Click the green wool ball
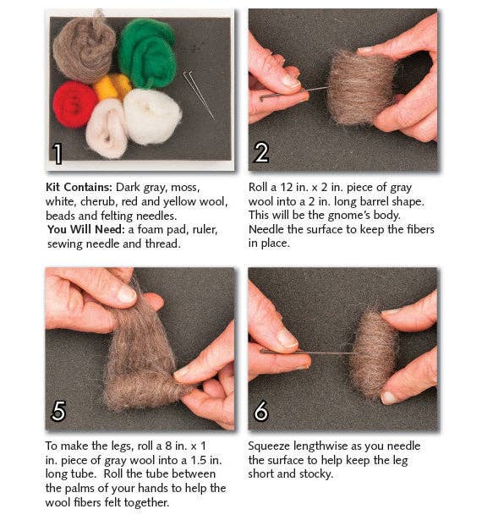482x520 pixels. (146, 52)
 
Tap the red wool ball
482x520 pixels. (75, 103)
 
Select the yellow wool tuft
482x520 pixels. (112, 85)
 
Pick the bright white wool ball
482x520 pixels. (152, 116)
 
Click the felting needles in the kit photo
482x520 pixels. (199, 93)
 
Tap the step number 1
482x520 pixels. (58, 153)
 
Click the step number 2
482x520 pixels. (261, 152)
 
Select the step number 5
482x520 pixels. (58, 411)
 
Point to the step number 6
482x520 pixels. (261, 411)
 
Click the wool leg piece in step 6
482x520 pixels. (374, 353)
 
